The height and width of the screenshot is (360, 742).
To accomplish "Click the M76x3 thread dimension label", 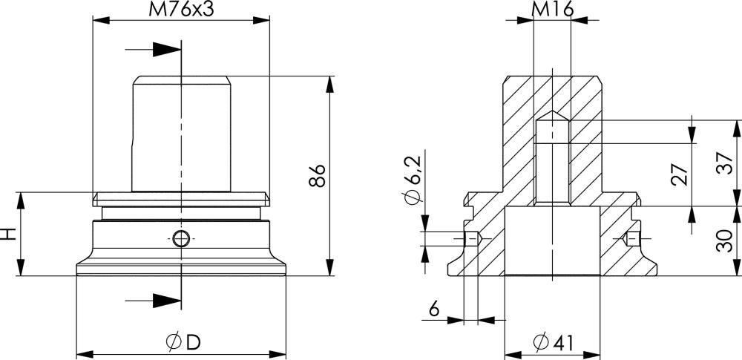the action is [x=181, y=10].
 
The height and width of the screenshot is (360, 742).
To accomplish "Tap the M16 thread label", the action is [x=552, y=8].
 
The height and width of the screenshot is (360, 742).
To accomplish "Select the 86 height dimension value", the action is [x=318, y=176].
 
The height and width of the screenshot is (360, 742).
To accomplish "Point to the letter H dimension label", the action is [x=9, y=234].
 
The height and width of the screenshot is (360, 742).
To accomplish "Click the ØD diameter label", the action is [x=183, y=342].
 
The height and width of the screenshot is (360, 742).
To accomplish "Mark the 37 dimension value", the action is [x=724, y=163].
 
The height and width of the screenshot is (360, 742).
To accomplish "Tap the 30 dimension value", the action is [x=724, y=240].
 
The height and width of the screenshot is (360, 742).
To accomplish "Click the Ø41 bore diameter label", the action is [x=554, y=342].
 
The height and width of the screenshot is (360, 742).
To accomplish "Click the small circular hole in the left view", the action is [x=181, y=238].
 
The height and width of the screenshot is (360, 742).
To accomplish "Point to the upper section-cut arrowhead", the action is [x=167, y=49].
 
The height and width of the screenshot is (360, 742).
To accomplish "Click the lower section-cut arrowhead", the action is [x=167, y=301].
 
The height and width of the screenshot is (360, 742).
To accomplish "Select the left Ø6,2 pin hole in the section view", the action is [x=473, y=239].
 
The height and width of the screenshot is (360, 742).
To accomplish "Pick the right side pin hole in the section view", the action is [x=631, y=239].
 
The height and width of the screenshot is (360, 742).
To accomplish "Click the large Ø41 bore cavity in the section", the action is [x=552, y=240].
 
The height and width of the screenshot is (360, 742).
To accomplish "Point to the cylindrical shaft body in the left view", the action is [x=181, y=134].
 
